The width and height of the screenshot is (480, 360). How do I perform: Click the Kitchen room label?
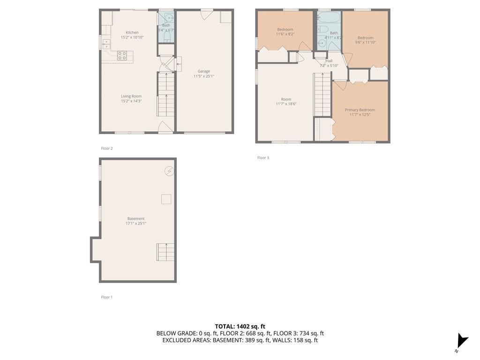132,32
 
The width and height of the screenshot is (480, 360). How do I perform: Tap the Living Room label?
131,96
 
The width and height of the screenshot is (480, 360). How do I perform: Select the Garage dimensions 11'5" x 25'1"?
203,76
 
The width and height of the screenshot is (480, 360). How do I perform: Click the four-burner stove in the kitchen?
122,56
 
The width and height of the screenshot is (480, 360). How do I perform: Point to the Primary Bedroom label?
360,110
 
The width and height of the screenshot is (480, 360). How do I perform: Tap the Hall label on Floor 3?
329,61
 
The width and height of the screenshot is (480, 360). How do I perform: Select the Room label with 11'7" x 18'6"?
286,99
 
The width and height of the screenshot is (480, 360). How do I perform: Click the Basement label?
136,218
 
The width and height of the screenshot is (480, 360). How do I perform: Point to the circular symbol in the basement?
169,171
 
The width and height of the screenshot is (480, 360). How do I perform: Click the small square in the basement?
166,199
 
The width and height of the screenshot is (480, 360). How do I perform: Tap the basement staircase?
165,252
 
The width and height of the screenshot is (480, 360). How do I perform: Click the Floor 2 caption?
107,149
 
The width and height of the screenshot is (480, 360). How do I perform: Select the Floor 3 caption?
263,157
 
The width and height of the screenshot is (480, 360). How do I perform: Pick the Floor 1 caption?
107,297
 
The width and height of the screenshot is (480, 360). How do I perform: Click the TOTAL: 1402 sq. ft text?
240,327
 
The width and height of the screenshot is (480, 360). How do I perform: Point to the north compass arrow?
462,341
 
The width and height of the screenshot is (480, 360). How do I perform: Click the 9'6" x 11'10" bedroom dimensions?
365,43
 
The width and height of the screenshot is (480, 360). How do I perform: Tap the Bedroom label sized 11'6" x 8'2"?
285,30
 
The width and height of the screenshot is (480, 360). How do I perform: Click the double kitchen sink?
106,45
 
